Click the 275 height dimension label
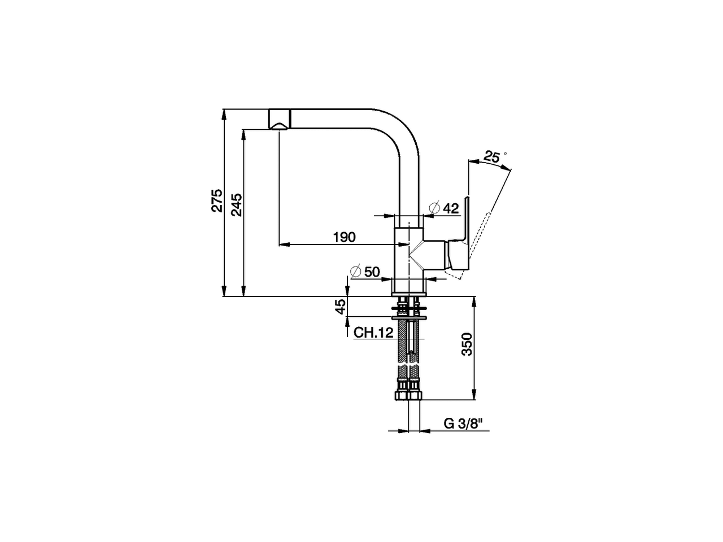pos(216,202)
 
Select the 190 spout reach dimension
pos(345,237)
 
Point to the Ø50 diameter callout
pos(365,272)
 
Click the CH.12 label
pos(373,333)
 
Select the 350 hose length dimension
pos(467,344)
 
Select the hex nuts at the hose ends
pos(409,392)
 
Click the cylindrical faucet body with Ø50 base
pos(407,260)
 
